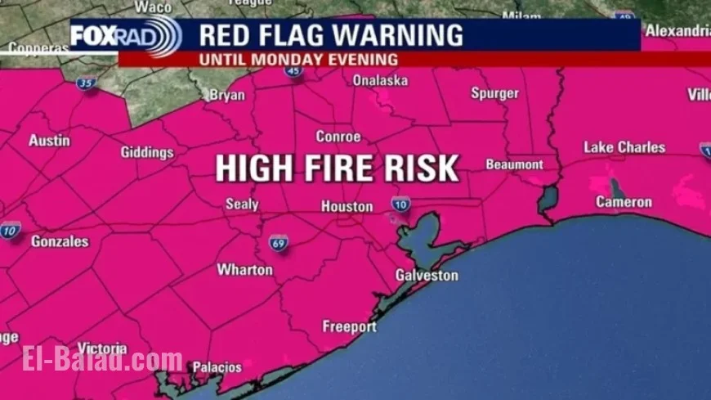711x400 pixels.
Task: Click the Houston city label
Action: pos(347,207)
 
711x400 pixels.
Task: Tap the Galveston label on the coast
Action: pos(427,276)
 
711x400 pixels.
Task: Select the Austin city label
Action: pos(49,141)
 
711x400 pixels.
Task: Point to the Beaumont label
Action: pos(514,164)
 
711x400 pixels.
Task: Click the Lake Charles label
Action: pos(624,147)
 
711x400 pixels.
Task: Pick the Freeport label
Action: pos(349,326)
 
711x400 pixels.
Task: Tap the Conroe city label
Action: pos(338,137)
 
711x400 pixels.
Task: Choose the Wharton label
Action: pos(244,269)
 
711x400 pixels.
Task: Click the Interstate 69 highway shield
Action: pos(279,243)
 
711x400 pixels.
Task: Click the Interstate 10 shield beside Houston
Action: pos(400,204)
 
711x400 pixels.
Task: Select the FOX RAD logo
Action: pos(125,36)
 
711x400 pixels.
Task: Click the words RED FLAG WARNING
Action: pos(331,36)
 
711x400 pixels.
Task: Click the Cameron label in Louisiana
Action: pos(624,202)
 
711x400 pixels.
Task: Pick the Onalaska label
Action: pos(379,80)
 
